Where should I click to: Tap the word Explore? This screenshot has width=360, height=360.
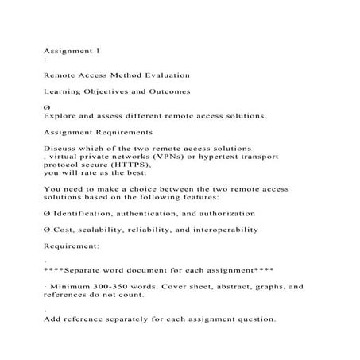63,116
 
